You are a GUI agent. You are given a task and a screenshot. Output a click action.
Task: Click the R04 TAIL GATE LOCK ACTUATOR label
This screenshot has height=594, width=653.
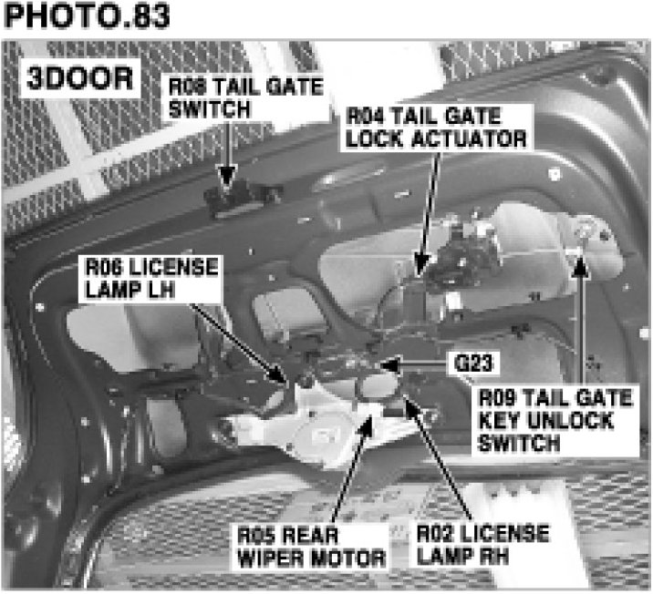point(436,128)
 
